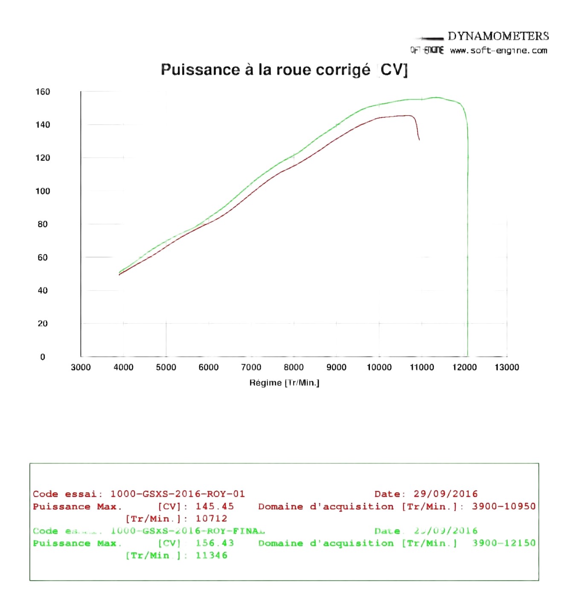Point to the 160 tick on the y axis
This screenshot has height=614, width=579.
click(x=43, y=92)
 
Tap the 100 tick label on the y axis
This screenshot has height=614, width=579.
click(x=43, y=191)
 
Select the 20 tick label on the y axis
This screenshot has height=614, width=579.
click(x=43, y=324)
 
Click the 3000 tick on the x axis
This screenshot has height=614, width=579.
click(x=81, y=367)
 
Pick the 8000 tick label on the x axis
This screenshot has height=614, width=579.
click(x=294, y=367)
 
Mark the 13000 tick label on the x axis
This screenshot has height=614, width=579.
click(x=506, y=367)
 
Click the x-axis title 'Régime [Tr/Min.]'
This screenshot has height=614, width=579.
click(x=284, y=382)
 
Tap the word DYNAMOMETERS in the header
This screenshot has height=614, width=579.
click(x=498, y=36)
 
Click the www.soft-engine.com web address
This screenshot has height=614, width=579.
click(x=498, y=51)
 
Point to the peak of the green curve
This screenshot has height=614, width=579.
click(x=436, y=98)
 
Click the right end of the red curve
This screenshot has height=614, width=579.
click(x=419, y=139)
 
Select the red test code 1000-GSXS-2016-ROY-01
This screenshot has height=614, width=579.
click(x=177, y=494)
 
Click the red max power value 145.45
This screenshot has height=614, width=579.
click(x=215, y=507)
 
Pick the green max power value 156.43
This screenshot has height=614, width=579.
click(x=215, y=543)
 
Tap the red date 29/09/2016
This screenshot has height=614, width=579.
click(x=445, y=494)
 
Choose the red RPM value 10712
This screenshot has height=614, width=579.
click(x=211, y=518)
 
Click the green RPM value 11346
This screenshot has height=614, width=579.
click(x=211, y=555)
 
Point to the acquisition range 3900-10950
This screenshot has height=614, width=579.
click(x=503, y=507)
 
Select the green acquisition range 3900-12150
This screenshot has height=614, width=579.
click(x=503, y=543)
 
